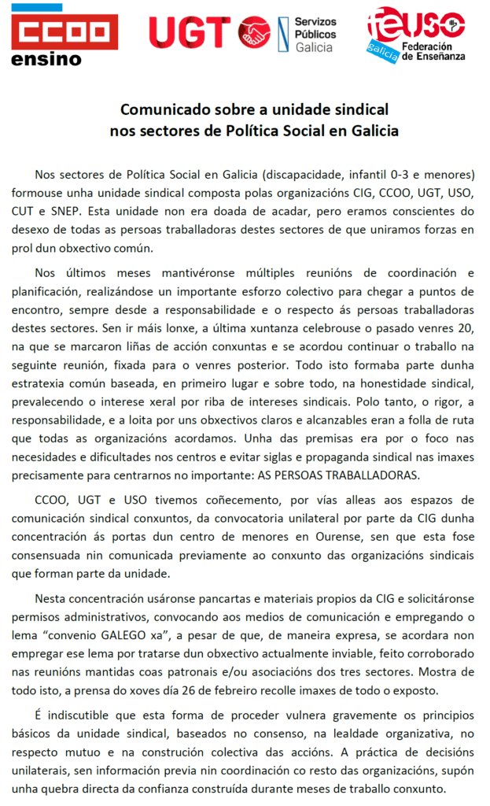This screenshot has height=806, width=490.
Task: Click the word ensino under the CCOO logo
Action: [47, 59]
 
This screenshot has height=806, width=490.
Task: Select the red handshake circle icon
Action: [254, 32]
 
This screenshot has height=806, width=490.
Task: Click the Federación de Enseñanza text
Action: [433, 51]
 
